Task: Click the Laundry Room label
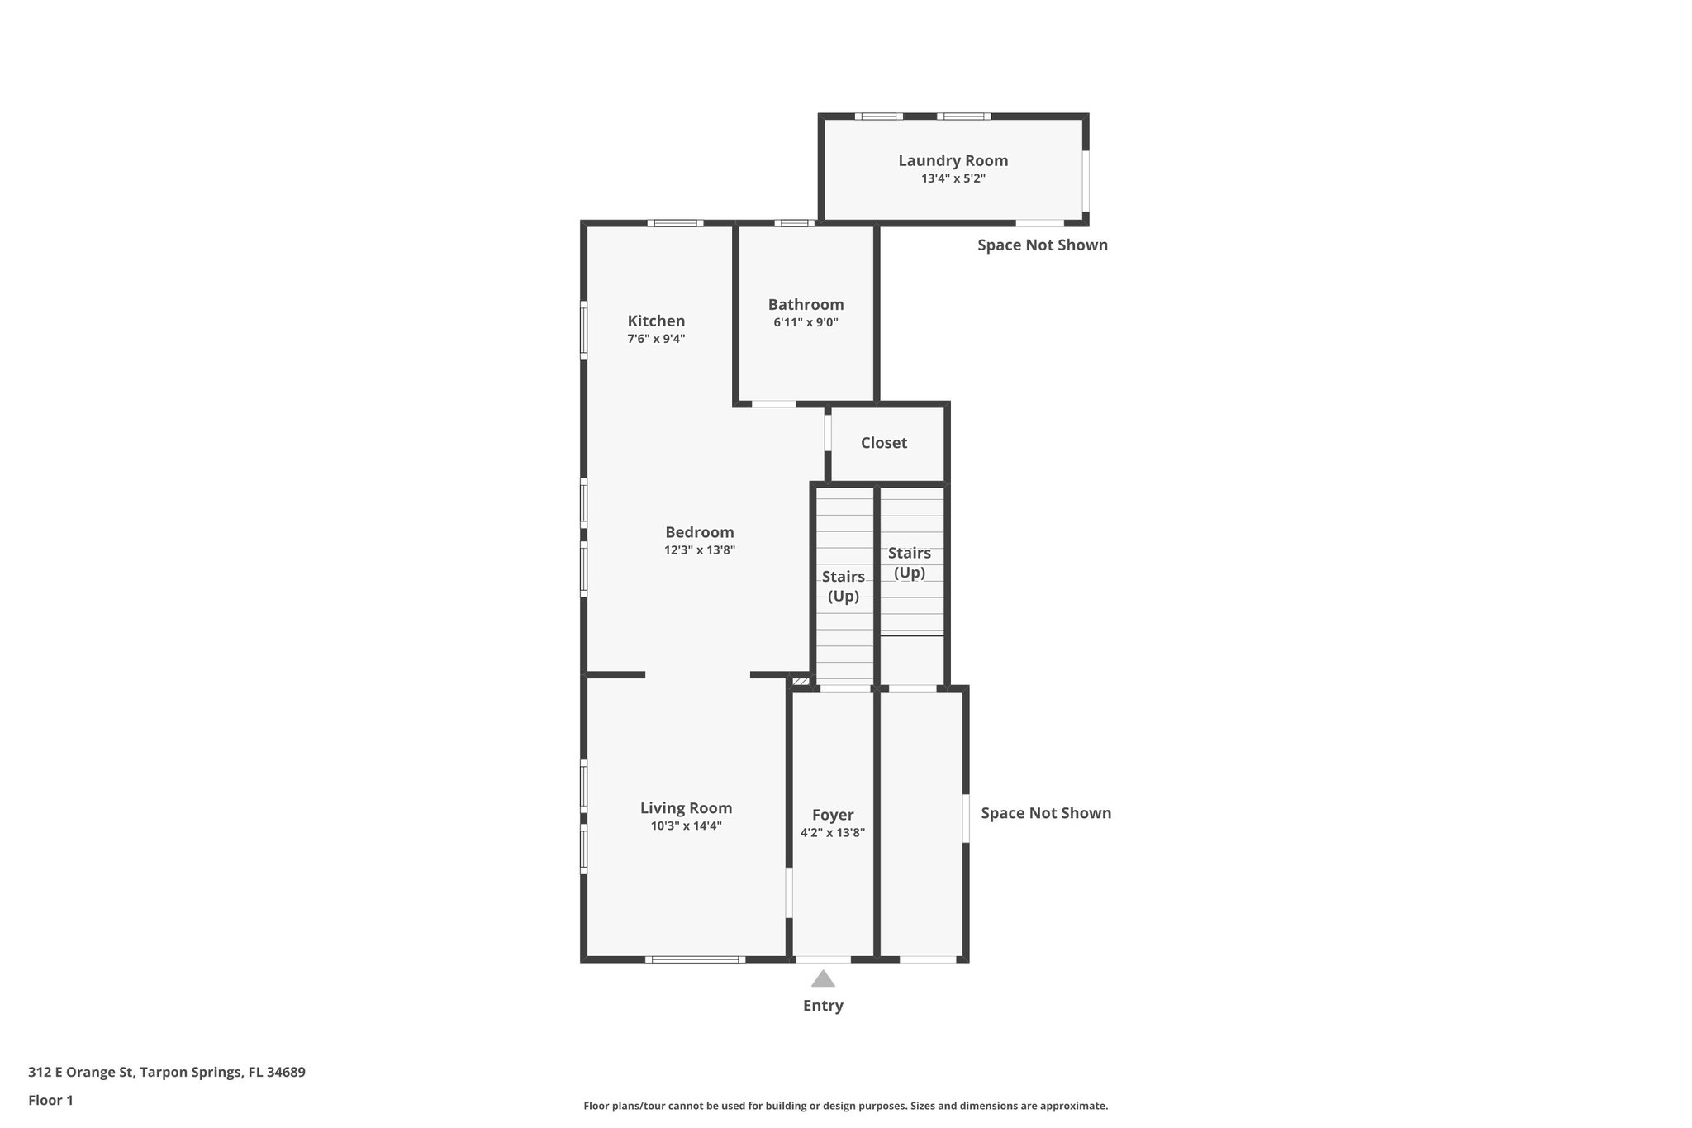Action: tap(953, 161)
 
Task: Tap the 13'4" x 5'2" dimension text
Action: tap(953, 178)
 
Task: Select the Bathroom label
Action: tap(806, 305)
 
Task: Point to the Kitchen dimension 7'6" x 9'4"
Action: tap(656, 339)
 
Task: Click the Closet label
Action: tap(883, 443)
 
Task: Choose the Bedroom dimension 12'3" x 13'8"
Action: tap(699, 550)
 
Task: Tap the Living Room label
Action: tap(686, 808)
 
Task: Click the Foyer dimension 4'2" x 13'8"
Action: tap(832, 833)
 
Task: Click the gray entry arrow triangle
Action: tap(823, 979)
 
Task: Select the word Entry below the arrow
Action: tap(823, 1006)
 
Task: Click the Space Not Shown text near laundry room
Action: tap(1042, 245)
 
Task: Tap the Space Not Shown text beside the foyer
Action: tap(1045, 813)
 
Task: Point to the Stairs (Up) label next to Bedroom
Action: tap(843, 586)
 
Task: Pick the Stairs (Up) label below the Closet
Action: tap(909, 562)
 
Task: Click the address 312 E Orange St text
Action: tap(166, 1073)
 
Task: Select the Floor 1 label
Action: tap(50, 1101)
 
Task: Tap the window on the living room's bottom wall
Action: tap(694, 959)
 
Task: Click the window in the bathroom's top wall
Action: tap(794, 222)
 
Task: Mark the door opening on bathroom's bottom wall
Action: tap(773, 404)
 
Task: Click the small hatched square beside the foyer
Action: tap(801, 682)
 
